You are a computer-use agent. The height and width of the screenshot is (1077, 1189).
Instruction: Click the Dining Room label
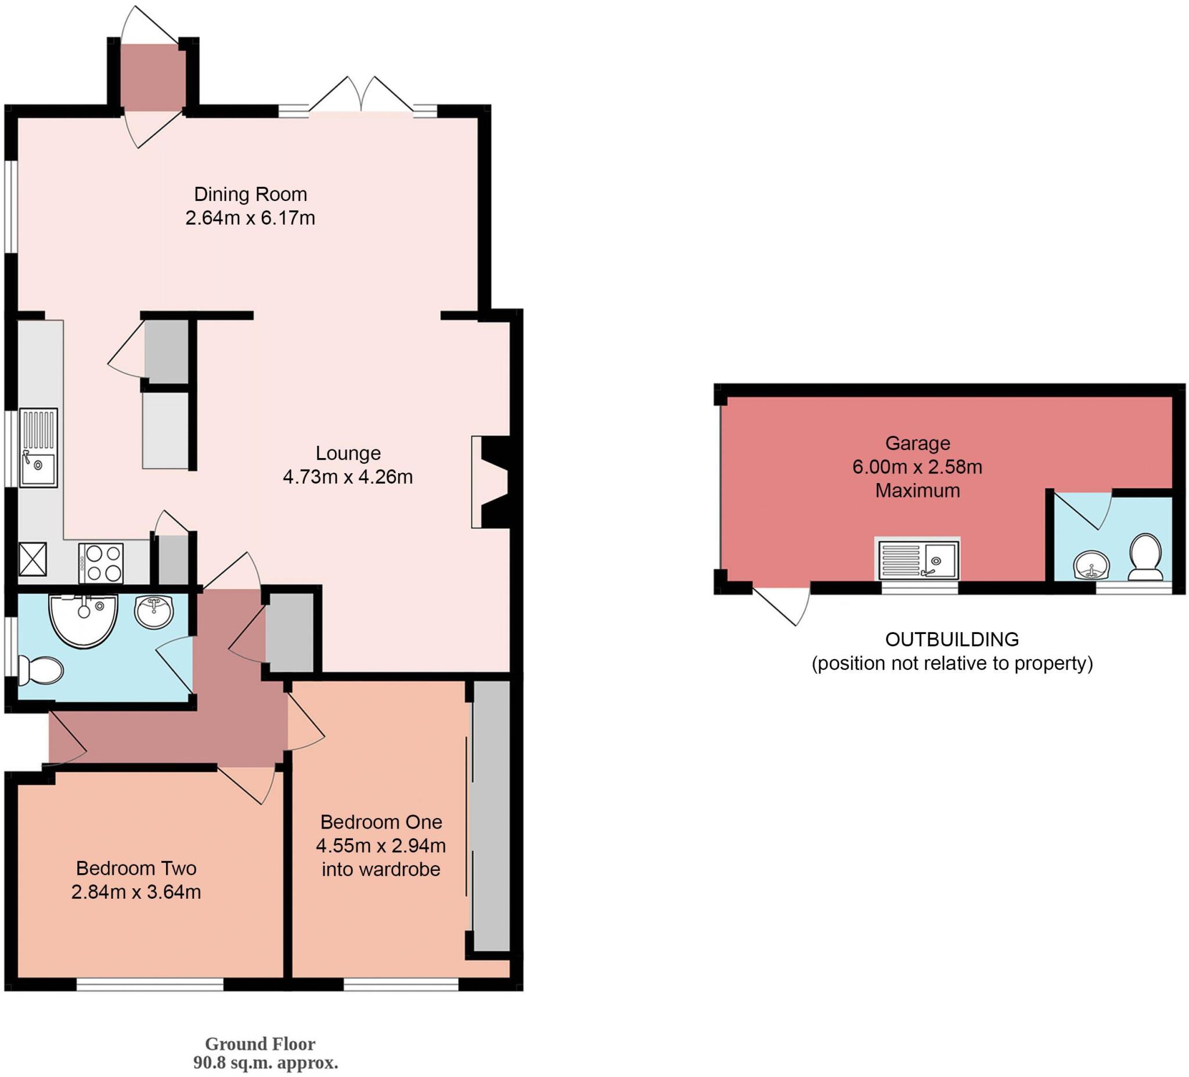pos(250,194)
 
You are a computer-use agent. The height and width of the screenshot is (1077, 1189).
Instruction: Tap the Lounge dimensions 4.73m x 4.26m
pos(347,477)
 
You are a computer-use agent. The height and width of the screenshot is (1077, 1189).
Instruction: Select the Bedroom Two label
pos(136,868)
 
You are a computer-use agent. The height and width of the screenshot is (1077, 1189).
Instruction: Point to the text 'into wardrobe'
pos(380,869)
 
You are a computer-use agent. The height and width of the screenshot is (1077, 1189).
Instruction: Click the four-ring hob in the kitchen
pos(101,563)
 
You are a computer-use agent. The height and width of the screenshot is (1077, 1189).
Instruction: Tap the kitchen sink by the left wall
pos(38,448)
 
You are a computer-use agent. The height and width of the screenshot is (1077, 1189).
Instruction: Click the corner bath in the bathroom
pos(84,619)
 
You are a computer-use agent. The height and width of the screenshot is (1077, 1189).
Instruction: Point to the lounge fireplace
pos(491,482)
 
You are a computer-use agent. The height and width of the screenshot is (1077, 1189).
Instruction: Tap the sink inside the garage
pos(917,559)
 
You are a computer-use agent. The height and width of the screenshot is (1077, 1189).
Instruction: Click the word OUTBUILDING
pos(952,639)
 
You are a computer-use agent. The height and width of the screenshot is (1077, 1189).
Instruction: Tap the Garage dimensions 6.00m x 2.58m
pos(917,467)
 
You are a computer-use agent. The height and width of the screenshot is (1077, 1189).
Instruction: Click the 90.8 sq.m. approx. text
pos(265,1064)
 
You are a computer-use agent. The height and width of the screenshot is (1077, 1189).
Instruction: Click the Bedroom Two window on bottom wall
pos(150,985)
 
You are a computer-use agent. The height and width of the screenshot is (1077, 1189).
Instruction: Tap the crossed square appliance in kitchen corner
pos(33,559)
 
